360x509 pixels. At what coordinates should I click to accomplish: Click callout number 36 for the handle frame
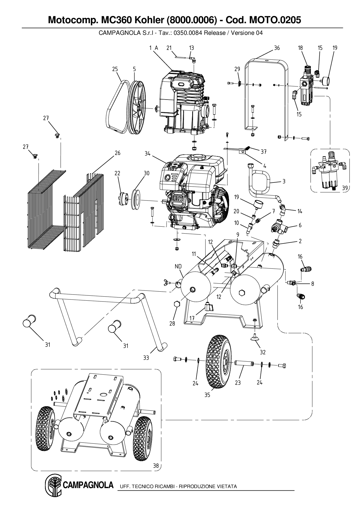[x=277, y=48]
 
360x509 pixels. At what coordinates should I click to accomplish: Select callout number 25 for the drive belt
[x=115, y=69]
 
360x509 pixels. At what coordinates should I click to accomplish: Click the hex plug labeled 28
[x=176, y=305]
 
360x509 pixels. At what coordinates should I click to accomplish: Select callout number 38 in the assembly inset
[x=156, y=466]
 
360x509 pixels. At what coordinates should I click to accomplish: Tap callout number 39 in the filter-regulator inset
[x=345, y=188]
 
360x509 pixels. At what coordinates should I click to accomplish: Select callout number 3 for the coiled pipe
[x=284, y=181]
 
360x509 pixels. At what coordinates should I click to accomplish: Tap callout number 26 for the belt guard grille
[x=117, y=153]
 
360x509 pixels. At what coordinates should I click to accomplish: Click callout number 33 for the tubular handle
[x=146, y=358]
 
